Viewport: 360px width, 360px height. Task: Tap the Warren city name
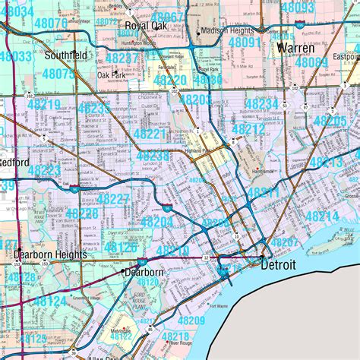(295, 48)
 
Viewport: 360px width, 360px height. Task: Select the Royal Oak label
(145, 25)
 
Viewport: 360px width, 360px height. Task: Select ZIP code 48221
(150, 133)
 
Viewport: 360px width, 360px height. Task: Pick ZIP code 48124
(50, 302)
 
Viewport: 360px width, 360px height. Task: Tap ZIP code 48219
(45, 104)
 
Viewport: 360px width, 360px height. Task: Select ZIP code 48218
(175, 336)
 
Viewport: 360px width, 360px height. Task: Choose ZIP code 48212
(248, 129)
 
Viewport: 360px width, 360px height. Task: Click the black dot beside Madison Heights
(199, 33)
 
